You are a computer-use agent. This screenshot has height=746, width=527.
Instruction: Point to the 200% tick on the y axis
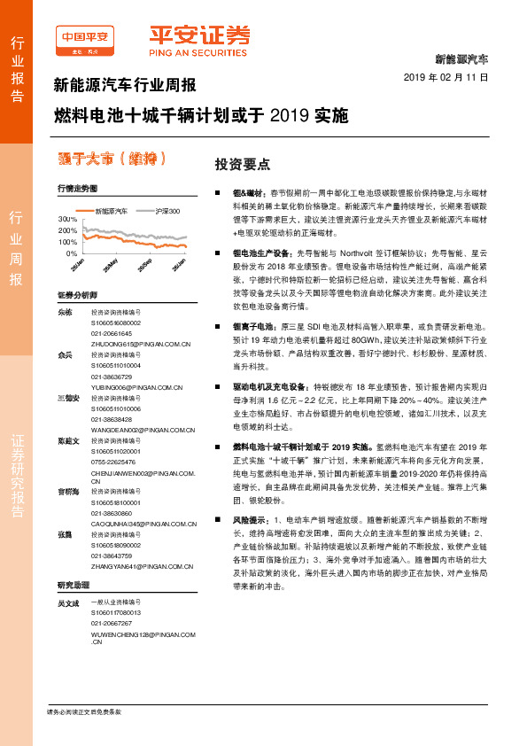[x=66, y=229]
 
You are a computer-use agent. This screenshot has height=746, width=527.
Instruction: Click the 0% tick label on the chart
[x=70, y=253]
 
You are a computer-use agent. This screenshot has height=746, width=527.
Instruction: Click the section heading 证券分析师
[x=76, y=295]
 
